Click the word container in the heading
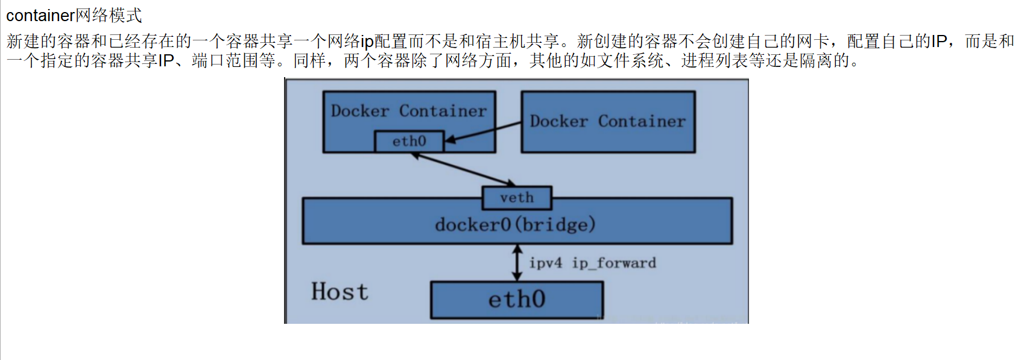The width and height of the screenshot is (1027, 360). coord(40,15)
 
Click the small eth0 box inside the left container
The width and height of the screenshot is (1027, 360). coord(409,141)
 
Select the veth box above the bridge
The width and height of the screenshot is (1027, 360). coord(517,198)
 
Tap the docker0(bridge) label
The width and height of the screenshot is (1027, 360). coord(515,224)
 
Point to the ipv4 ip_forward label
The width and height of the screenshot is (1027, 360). coord(592,263)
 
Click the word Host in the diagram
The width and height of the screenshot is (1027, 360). coord(340,292)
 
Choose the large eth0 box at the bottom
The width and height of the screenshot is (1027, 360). coord(516,300)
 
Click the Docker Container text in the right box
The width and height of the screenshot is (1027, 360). coord(607,121)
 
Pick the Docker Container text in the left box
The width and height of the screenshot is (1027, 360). coord(408,111)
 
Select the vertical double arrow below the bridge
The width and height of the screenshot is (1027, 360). coord(517,263)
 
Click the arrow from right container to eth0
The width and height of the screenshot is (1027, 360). coord(482,132)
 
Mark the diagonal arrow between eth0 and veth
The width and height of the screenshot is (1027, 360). coord(463,169)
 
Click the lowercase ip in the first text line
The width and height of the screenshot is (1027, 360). coord(367,41)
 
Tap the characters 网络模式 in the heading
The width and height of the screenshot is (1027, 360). coord(109,15)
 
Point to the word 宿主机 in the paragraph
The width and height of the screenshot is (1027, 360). coord(501,41)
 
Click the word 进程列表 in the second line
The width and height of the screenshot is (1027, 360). coord(715,60)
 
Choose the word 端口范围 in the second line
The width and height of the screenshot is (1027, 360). coord(226,60)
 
